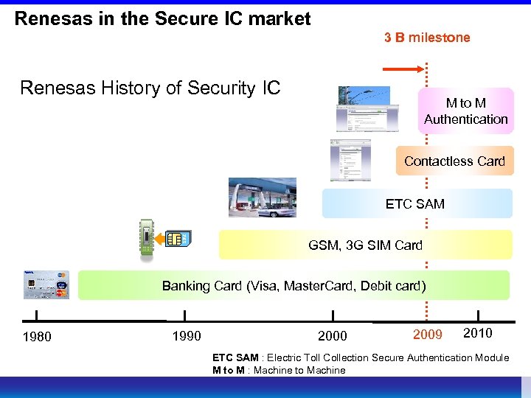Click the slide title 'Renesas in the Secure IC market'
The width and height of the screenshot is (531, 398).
click(x=163, y=18)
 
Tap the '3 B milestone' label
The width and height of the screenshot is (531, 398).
click(x=426, y=38)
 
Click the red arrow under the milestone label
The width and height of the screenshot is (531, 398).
click(x=403, y=70)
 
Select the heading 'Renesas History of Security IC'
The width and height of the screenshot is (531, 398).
click(x=150, y=88)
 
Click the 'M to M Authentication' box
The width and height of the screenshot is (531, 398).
click(x=465, y=111)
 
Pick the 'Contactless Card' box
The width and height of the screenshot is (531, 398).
click(x=454, y=161)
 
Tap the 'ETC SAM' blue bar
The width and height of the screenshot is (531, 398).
click(x=417, y=203)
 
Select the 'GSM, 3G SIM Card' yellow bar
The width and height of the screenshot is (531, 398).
click(x=365, y=245)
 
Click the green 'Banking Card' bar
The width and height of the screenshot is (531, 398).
click(x=294, y=285)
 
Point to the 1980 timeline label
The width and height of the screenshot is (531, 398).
click(x=37, y=337)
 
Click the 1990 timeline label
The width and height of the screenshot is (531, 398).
click(x=185, y=337)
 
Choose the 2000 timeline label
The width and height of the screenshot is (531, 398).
click(x=332, y=337)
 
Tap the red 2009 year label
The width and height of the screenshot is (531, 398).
click(x=427, y=335)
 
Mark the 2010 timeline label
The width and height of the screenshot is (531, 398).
click(x=477, y=333)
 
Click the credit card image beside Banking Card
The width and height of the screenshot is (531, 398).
click(x=46, y=284)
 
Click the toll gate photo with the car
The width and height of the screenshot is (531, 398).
click(x=262, y=198)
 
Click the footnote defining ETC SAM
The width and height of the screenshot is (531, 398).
click(x=360, y=357)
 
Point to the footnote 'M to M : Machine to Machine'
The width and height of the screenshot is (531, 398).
click(x=279, y=370)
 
